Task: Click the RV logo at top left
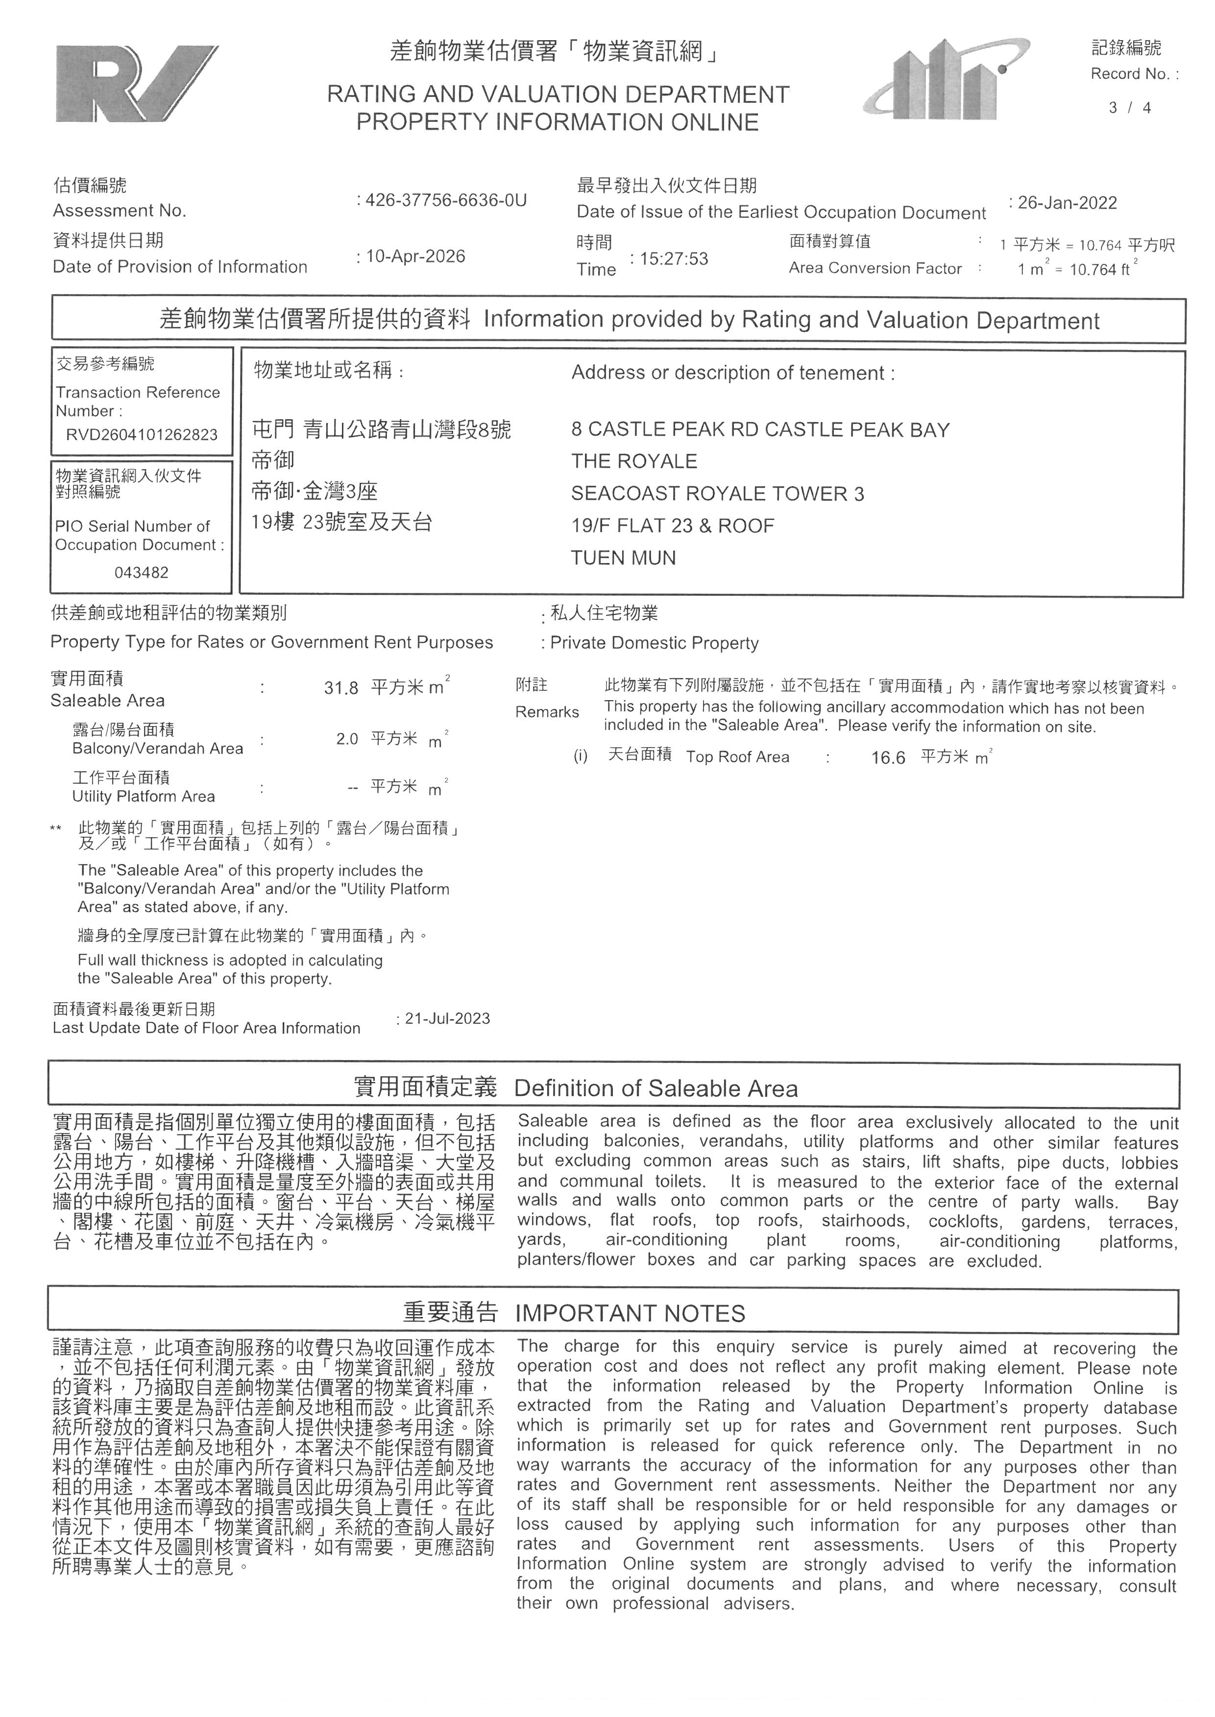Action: click(x=136, y=84)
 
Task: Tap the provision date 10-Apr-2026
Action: click(x=415, y=257)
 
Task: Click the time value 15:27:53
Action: click(x=673, y=259)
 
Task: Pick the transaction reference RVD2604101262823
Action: click(x=142, y=434)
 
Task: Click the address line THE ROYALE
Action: click(x=633, y=461)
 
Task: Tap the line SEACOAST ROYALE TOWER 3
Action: click(x=717, y=494)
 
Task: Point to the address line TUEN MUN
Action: click(x=623, y=558)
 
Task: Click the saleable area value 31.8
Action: click(x=341, y=688)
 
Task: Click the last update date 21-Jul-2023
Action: click(x=447, y=1018)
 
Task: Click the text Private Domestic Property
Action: click(x=654, y=643)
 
